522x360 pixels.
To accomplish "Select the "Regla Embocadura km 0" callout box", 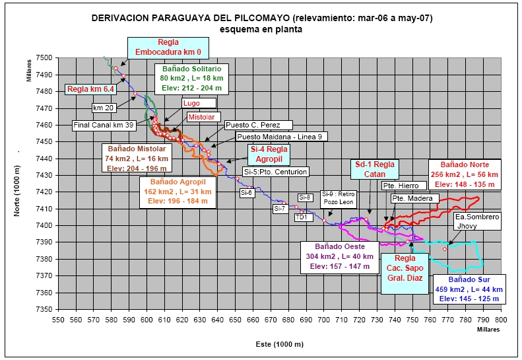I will pyautogui.click(x=168, y=47).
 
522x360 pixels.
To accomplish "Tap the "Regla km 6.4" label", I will pyautogui.click(x=91, y=89).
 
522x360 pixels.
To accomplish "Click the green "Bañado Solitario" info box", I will pyautogui.click(x=191, y=78).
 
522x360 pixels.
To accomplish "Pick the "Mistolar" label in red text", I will pyautogui.click(x=201, y=117).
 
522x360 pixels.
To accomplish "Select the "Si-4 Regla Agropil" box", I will pyautogui.click(x=269, y=154).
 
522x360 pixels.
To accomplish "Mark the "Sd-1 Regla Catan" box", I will pyautogui.click(x=374, y=169).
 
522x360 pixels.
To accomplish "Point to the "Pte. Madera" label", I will pyautogui.click(x=412, y=198).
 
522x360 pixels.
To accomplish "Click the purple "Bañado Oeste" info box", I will pyautogui.click(x=341, y=256).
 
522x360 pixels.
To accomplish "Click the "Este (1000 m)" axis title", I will pyautogui.click(x=279, y=344).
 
